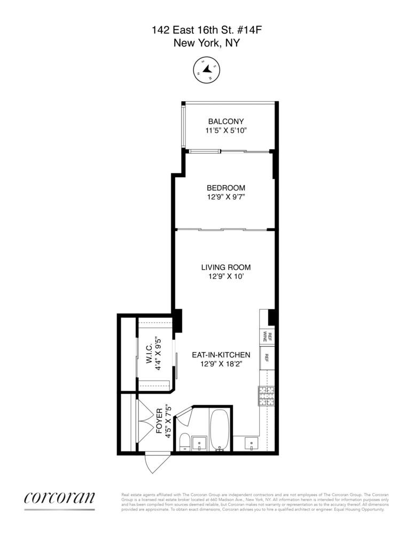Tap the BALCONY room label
coord(225,121)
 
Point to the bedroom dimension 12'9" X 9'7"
coord(225,197)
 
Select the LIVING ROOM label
coord(225,267)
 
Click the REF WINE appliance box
coord(267,336)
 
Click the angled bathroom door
coord(182,414)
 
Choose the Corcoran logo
coord(59,498)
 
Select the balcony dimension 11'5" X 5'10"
coord(225,131)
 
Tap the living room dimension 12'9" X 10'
coord(225,277)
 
